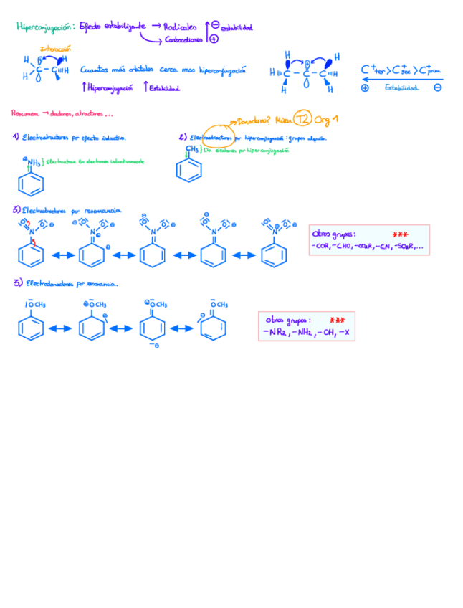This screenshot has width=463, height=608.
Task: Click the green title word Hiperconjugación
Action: pyautogui.click(x=44, y=27)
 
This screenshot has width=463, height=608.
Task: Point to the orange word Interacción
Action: pyautogui.click(x=55, y=49)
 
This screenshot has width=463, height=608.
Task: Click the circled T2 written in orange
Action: pyautogui.click(x=303, y=118)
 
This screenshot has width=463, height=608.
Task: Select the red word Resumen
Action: pyautogui.click(x=25, y=113)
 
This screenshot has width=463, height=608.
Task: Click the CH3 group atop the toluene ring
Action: pyautogui.click(x=191, y=149)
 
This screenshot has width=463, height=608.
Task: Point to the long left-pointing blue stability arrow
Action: pyautogui.click(x=401, y=80)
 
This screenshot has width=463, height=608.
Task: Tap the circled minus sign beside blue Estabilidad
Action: pyautogui.click(x=437, y=87)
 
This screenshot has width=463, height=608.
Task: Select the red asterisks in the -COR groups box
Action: pyautogui.click(x=401, y=234)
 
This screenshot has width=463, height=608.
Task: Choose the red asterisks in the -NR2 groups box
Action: pyautogui.click(x=337, y=320)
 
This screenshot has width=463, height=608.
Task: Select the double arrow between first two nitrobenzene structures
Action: pyautogui.click(x=60, y=255)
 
